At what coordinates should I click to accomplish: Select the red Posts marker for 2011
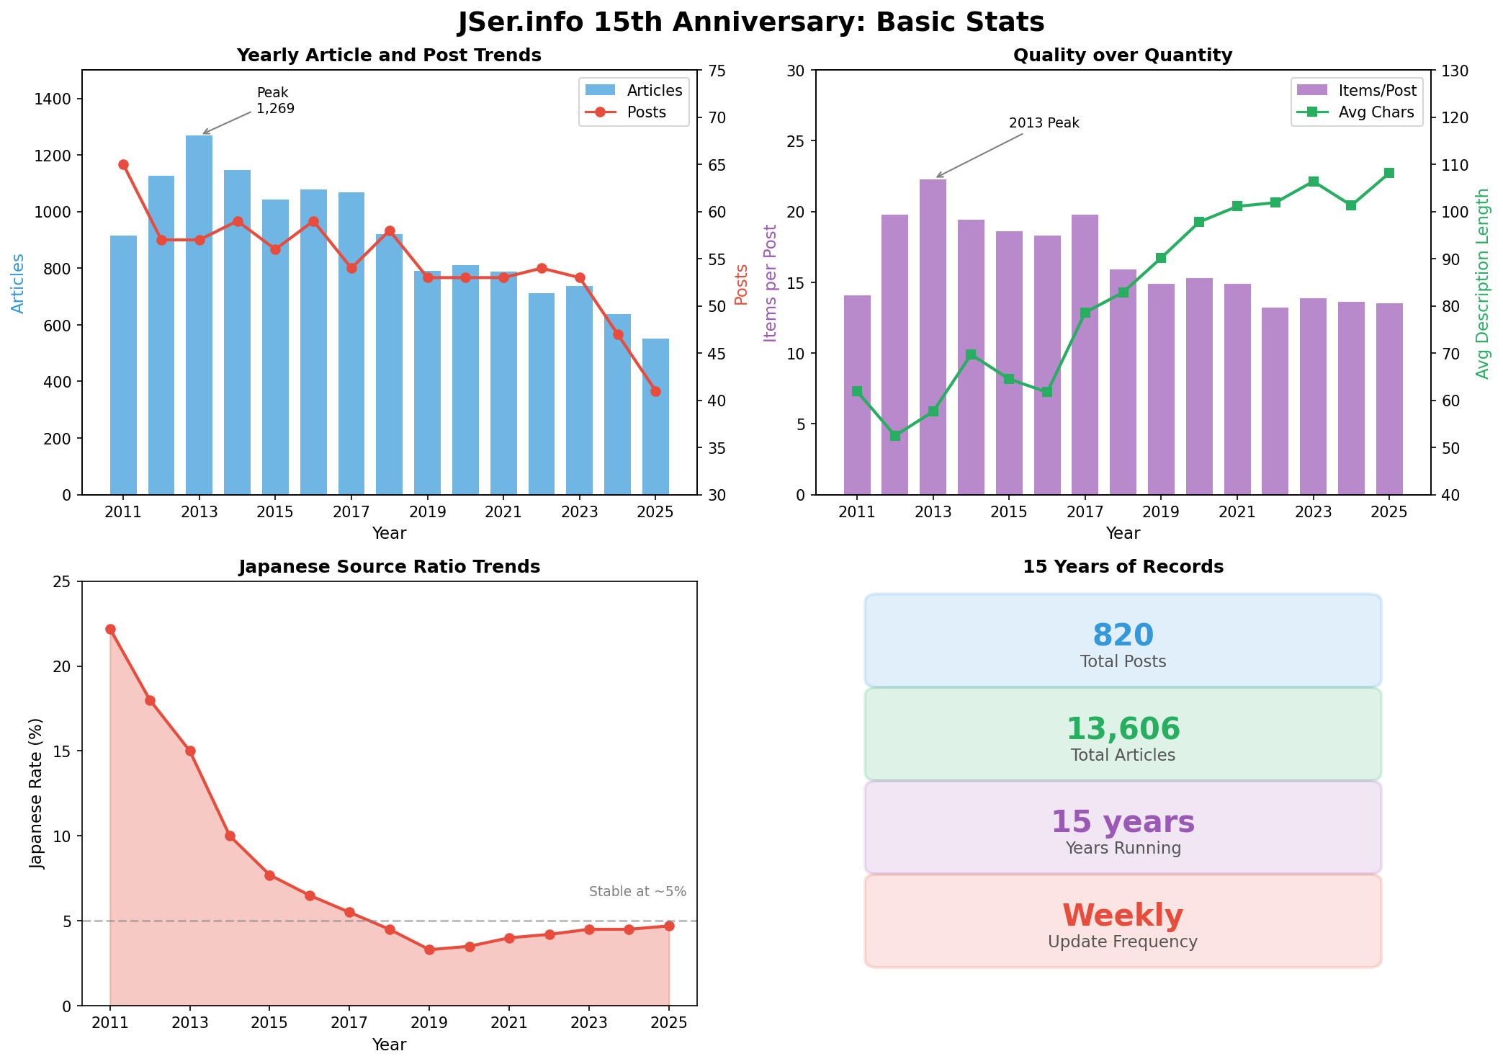coord(123,165)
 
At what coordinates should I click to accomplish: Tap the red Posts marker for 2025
coord(655,391)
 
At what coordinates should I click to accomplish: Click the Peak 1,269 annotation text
coord(276,101)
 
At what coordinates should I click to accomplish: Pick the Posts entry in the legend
coord(646,112)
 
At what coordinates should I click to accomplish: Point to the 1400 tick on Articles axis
coord(60,99)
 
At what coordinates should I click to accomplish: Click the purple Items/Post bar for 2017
coord(1085,354)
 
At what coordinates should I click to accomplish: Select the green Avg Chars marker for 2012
coord(895,436)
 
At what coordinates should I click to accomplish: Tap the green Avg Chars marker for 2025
coord(1389,173)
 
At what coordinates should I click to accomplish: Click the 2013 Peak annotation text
coord(1044,123)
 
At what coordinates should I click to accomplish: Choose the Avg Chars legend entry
coord(1376,112)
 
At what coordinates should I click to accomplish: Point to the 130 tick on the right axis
coord(1453,71)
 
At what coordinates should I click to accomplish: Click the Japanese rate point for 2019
coord(429,949)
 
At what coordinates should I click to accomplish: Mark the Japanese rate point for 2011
coord(110,629)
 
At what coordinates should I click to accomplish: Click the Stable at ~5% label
coord(637,891)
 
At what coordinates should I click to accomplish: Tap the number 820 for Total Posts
coord(1123,635)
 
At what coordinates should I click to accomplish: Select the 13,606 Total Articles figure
coord(1123,729)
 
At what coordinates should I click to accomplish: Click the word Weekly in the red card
coord(1123,916)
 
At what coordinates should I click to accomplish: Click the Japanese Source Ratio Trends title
coord(389,567)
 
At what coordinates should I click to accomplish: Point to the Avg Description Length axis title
coord(1482,283)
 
